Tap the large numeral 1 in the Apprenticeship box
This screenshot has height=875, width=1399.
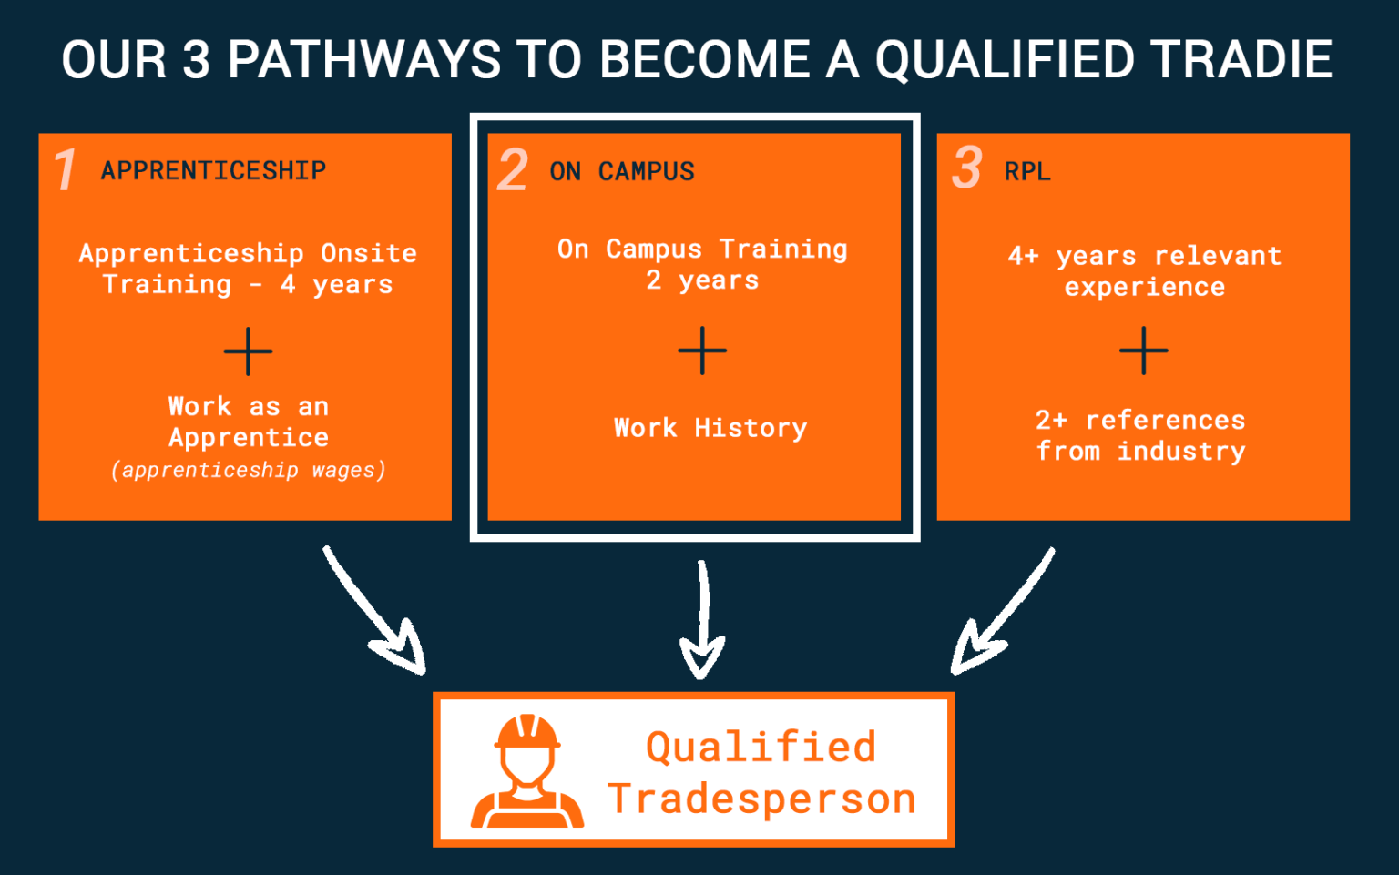click(x=65, y=170)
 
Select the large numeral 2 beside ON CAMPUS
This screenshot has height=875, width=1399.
click(x=513, y=170)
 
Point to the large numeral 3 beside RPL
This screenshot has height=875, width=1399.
click(x=966, y=168)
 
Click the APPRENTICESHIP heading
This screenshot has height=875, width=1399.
click(x=213, y=170)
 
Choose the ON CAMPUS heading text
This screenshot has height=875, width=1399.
click(x=622, y=171)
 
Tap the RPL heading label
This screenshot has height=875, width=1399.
click(x=1027, y=171)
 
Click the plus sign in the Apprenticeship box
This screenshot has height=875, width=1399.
click(x=248, y=351)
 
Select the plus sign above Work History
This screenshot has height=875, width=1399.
click(x=702, y=351)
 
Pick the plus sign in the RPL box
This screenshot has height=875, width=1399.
click(x=1143, y=351)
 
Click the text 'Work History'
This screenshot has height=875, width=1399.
click(x=710, y=428)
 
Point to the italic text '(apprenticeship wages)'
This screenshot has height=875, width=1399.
click(x=248, y=470)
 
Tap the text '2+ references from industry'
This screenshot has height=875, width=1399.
click(x=1140, y=435)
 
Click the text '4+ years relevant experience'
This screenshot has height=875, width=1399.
click(x=1144, y=271)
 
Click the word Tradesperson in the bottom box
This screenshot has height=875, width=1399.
click(x=761, y=799)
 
